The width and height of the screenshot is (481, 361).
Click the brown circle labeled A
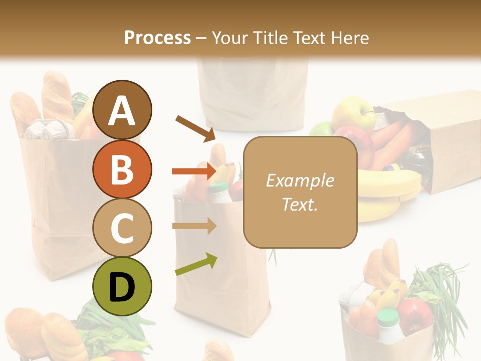(122, 110)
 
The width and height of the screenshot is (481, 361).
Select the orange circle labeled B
(122, 169)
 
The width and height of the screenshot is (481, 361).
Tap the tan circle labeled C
(122, 228)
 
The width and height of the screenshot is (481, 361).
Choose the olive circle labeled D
(122, 286)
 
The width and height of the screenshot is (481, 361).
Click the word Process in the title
(157, 38)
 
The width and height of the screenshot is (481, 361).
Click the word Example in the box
(300, 180)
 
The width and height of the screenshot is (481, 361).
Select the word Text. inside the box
(300, 204)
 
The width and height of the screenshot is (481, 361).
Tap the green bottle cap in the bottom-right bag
(388, 316)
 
